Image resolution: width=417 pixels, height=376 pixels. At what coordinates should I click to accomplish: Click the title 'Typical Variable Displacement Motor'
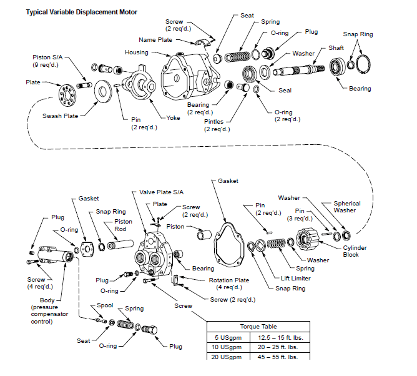(x=81, y=12)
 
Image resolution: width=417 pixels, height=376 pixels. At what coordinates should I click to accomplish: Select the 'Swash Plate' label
(x=61, y=116)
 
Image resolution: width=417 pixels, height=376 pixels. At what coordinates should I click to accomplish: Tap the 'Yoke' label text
(x=173, y=118)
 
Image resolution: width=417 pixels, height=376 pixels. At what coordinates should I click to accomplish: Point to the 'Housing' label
(x=137, y=52)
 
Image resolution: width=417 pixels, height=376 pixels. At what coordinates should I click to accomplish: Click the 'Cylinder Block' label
(x=355, y=251)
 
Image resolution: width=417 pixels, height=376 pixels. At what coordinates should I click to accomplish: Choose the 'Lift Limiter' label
(x=296, y=279)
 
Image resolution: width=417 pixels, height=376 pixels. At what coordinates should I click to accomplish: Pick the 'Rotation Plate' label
(x=229, y=280)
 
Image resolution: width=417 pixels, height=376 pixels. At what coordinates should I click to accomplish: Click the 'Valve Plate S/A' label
(x=162, y=192)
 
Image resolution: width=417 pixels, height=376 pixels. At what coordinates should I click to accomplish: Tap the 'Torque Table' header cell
(x=258, y=327)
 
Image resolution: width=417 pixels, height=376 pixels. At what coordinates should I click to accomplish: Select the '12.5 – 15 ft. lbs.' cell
(x=280, y=338)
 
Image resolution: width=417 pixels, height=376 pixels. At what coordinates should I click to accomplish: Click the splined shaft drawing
(x=298, y=70)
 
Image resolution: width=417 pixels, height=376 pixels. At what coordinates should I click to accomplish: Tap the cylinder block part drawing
(x=307, y=239)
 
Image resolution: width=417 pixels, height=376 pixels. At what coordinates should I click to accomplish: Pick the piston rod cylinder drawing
(x=120, y=244)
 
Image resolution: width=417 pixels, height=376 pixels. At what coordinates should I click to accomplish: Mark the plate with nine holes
(x=67, y=95)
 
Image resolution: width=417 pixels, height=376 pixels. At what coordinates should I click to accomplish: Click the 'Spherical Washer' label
(x=347, y=207)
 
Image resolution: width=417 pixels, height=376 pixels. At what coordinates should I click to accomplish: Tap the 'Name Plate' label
(x=155, y=40)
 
